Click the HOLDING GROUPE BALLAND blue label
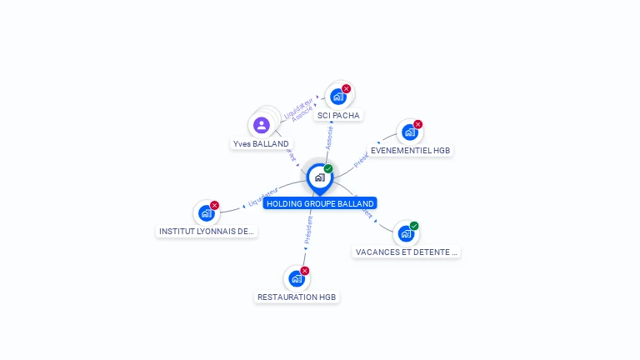[x=320, y=203]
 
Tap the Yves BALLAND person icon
[x=262, y=126]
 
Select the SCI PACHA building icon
[x=338, y=97]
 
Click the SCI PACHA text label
[x=339, y=115]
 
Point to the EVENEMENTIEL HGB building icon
[x=409, y=132]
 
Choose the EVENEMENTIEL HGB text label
[x=411, y=151]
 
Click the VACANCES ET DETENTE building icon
[x=405, y=233]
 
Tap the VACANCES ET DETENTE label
[x=407, y=252]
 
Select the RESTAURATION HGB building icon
[x=296, y=278]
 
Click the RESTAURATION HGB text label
[x=297, y=297]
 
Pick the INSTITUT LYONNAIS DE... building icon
[x=207, y=213]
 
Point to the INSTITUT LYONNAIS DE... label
[x=207, y=232]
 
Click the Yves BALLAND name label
[x=261, y=144]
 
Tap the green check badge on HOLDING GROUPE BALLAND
[x=328, y=169]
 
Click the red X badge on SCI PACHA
[x=347, y=88]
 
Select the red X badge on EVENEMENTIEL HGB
[x=418, y=124]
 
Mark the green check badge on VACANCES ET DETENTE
[x=414, y=226]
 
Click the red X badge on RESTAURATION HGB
[x=305, y=271]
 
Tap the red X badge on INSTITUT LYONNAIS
[x=215, y=205]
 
